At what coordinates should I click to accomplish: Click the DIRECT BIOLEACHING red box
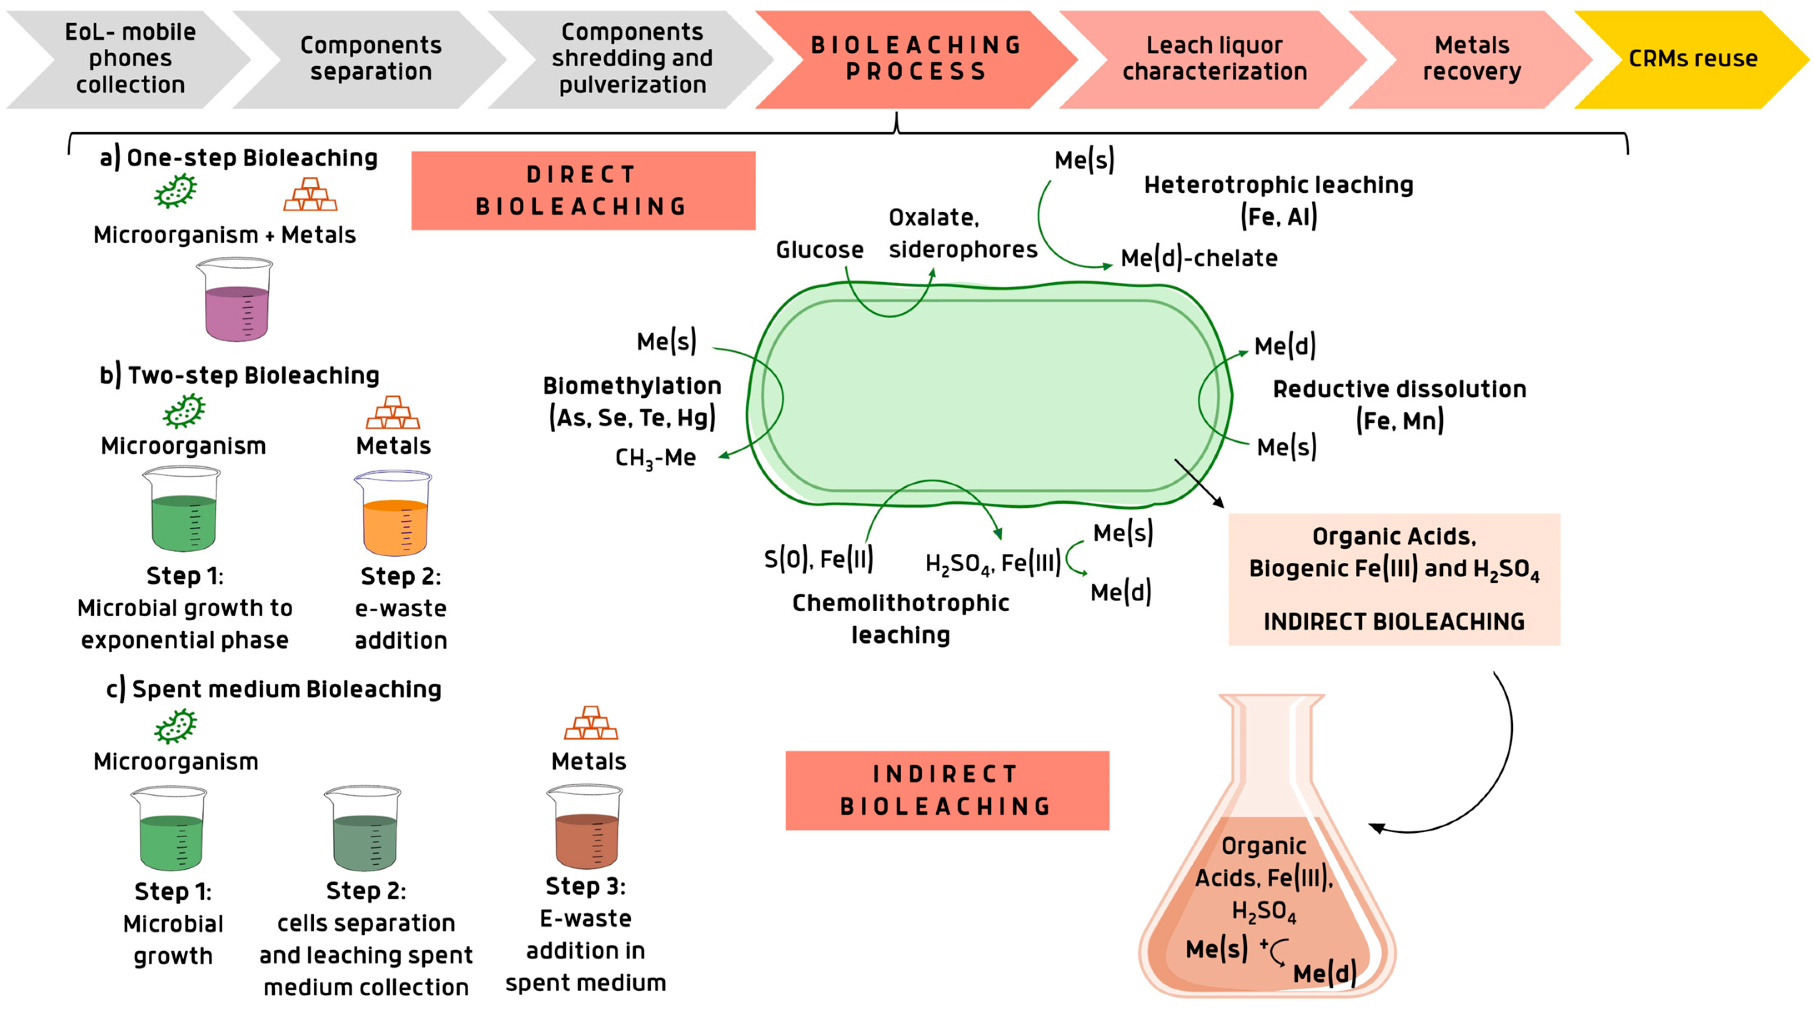pos(583,190)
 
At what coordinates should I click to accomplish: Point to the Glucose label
pos(820,250)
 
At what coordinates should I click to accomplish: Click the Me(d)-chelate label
pos(1198,258)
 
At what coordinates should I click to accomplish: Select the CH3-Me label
pos(655,458)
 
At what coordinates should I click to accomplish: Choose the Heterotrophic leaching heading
pos(1278,185)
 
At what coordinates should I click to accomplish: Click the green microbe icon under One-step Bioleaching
pos(175,191)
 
